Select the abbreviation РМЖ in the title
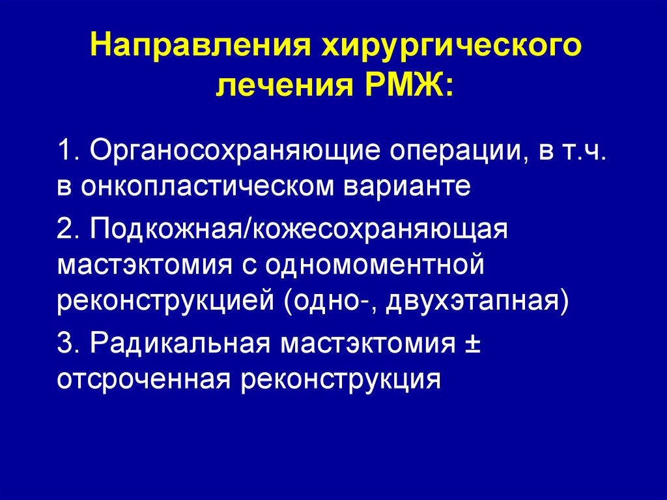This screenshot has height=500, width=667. (x=403, y=85)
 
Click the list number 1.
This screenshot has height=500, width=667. (x=68, y=152)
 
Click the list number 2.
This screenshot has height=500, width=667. (x=68, y=229)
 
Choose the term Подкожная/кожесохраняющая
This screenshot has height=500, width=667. (x=299, y=229)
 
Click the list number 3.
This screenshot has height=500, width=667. (x=68, y=342)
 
